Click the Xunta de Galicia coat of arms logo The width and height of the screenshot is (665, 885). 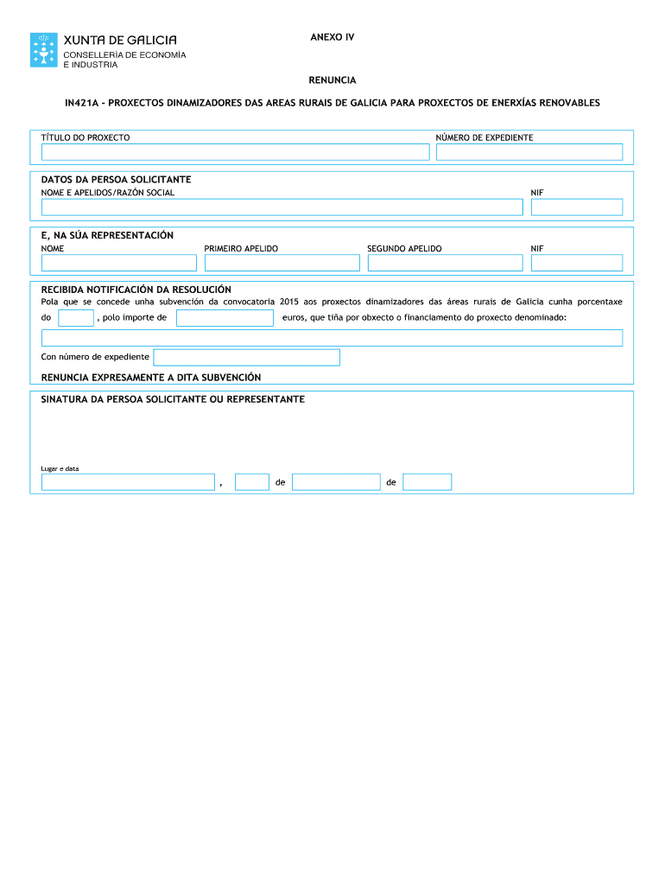pos(45,49)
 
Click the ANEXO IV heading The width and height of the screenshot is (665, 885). pos(332,38)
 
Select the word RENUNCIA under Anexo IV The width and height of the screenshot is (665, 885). pos(332,80)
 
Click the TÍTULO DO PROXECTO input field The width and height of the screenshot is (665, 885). pos(236,152)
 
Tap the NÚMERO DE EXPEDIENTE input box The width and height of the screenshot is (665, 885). pos(529,152)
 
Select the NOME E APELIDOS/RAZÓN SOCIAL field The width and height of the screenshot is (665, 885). pos(282,207)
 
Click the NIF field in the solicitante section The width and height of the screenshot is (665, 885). pos(576,207)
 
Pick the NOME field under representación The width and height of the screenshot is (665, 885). pos(119,263)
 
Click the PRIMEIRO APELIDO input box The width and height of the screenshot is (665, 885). pos(282,263)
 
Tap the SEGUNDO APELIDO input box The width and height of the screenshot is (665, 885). pos(445,263)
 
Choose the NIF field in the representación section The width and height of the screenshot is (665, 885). pos(576,263)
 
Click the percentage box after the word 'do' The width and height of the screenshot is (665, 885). pos(76,318)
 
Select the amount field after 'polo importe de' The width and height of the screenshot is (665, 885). pos(225,318)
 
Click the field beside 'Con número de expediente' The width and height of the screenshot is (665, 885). pos(246,357)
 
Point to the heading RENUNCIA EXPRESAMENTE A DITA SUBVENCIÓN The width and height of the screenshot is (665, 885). pos(151,378)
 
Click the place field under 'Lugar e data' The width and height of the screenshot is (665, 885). pos(128,482)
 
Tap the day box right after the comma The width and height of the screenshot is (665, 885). pos(252,482)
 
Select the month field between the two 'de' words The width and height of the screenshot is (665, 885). pos(336,482)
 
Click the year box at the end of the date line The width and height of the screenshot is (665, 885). pos(427,482)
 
